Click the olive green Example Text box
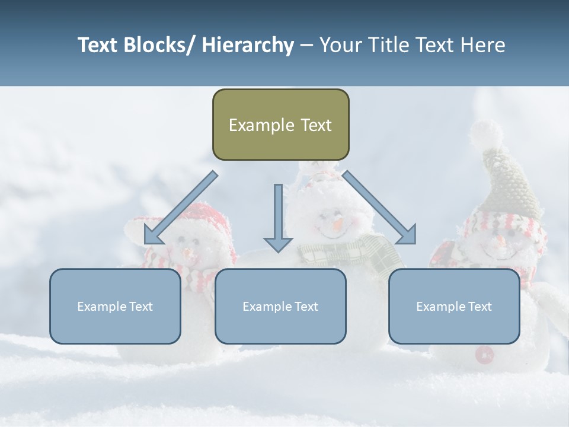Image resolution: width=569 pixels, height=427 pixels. tap(280, 125)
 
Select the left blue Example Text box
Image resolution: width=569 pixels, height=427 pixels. tap(115, 306)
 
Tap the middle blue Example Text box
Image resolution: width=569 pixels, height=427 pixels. tap(280, 306)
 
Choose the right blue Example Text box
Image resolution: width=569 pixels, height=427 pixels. tap(454, 306)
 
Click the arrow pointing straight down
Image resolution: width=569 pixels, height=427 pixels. tap(278, 219)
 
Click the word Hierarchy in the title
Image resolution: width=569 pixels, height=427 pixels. tap(248, 45)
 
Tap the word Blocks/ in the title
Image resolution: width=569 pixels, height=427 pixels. tap(160, 45)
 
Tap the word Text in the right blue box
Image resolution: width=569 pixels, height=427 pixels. tap(479, 307)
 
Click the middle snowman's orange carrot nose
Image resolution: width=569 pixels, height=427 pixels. tap(337, 225)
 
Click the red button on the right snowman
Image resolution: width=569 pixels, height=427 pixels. tap(484, 354)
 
